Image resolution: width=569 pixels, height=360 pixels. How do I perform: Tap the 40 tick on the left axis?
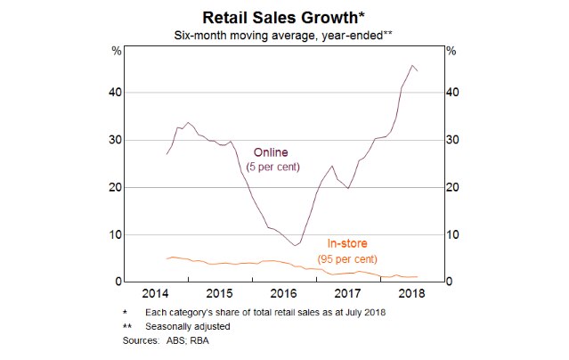[x=116, y=93]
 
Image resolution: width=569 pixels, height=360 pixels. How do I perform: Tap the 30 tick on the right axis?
[x=452, y=140]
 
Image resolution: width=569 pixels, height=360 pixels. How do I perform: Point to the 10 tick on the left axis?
[x=116, y=234]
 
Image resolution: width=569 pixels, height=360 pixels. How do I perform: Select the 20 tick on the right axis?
[x=452, y=187]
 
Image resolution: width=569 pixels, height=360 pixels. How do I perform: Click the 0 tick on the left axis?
[x=119, y=282]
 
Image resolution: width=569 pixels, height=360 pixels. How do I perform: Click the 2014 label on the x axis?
[x=156, y=293]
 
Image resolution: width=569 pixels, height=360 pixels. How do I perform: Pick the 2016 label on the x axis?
[x=282, y=293]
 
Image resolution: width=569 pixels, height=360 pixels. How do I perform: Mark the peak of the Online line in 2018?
[x=412, y=65]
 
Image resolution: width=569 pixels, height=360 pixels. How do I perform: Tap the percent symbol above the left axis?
[x=116, y=51]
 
